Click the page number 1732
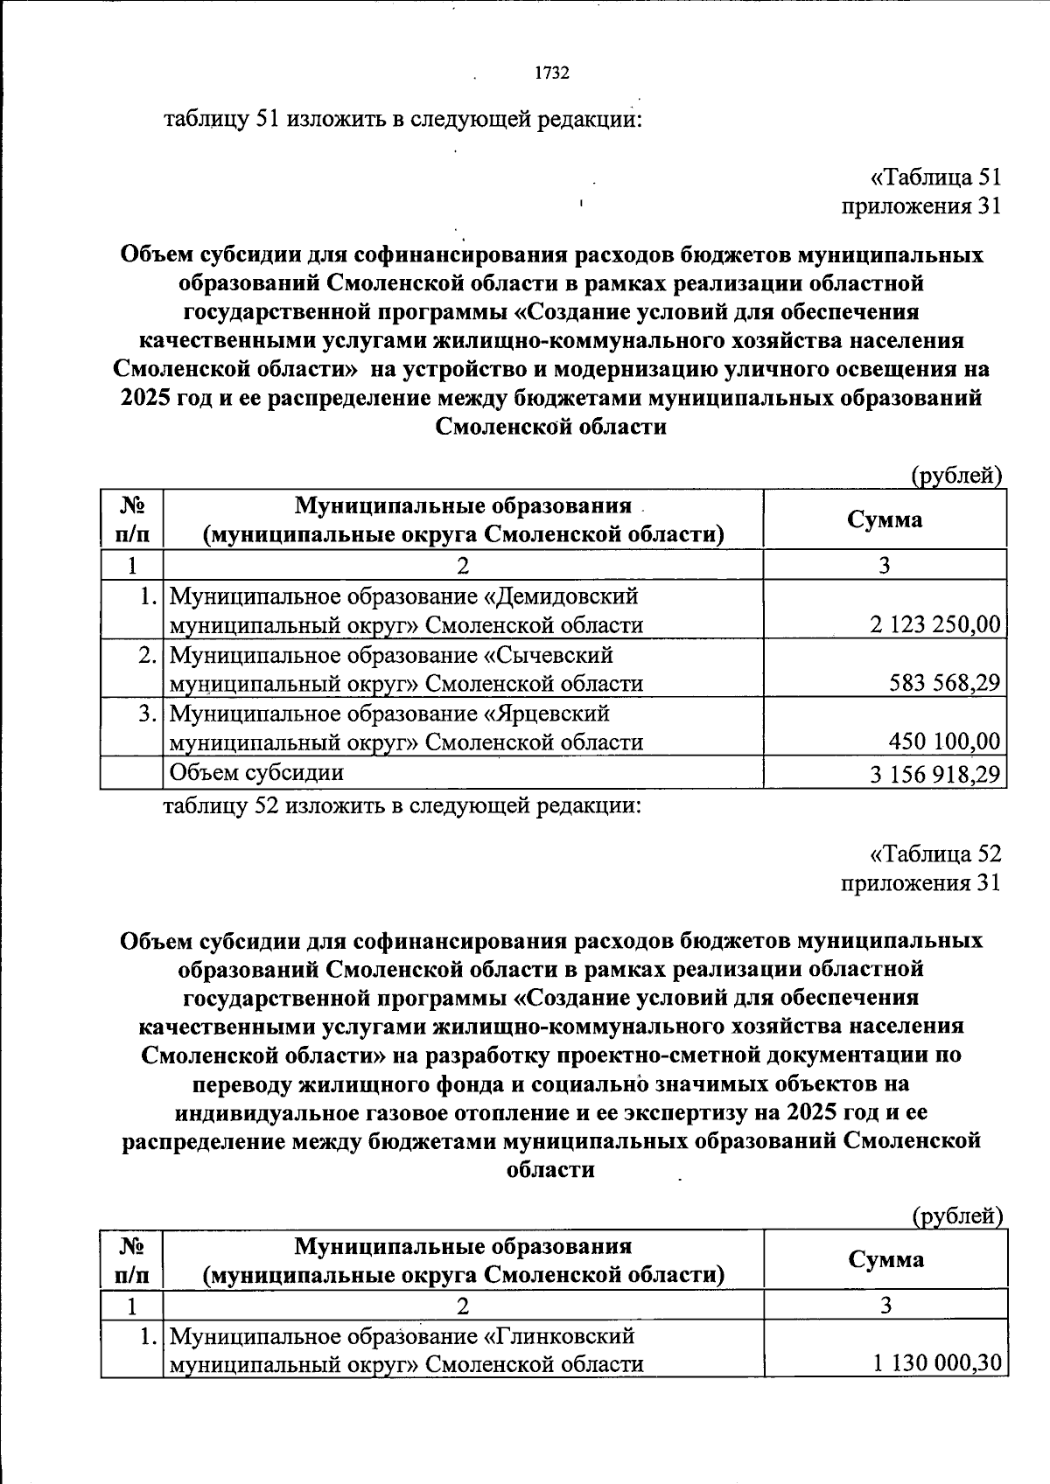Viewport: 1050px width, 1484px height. tap(551, 73)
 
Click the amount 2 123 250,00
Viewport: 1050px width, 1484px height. tap(934, 624)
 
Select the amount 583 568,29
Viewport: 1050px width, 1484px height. tap(944, 683)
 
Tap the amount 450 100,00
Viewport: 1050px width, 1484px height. tap(944, 742)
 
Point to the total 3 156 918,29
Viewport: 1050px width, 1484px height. tap(934, 774)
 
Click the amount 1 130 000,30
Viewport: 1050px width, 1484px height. tap(936, 1363)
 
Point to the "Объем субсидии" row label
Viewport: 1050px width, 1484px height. tap(255, 772)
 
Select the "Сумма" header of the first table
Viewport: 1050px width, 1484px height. tap(884, 519)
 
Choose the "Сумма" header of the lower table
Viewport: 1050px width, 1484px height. tap(885, 1259)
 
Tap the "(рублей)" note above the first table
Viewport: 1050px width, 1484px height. tap(956, 476)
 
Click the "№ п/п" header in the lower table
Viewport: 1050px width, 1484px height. tap(131, 1259)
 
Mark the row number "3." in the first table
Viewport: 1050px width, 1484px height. tap(148, 714)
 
